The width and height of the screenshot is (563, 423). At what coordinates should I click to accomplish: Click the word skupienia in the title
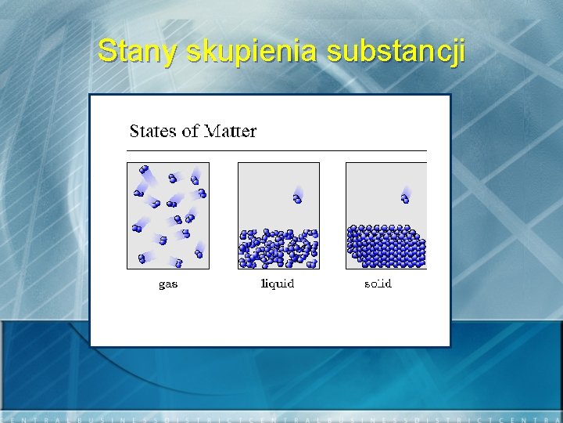[252, 52]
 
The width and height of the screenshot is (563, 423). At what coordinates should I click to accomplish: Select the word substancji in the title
[396, 52]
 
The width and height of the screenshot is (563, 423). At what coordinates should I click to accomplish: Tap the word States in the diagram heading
[153, 131]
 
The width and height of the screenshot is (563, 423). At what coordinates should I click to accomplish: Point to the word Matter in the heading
[230, 131]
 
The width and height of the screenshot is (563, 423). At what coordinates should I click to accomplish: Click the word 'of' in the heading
[190, 131]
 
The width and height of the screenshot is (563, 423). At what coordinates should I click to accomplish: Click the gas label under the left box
[168, 284]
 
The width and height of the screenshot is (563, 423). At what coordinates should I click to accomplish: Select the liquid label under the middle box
[278, 284]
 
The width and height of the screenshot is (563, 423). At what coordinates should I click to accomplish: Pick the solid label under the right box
[378, 284]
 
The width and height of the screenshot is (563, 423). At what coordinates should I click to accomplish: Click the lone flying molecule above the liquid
[298, 197]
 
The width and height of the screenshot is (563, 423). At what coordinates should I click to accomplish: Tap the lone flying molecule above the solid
[405, 197]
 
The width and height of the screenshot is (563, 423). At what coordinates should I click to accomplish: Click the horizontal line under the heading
[278, 150]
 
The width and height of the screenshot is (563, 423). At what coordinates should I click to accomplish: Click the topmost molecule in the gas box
[143, 168]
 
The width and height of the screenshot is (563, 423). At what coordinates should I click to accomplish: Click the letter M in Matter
[212, 131]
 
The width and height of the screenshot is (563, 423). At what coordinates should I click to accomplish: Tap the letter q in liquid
[274, 284]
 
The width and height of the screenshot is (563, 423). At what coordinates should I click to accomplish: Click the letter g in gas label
[162, 285]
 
